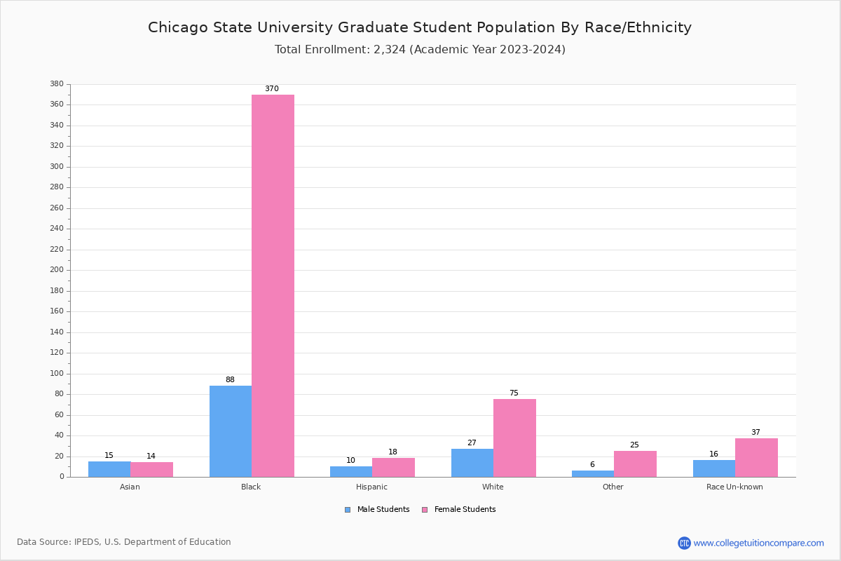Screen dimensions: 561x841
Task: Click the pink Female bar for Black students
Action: (x=273, y=285)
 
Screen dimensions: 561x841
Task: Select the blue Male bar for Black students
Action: (x=231, y=431)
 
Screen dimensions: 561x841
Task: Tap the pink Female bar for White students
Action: (x=514, y=438)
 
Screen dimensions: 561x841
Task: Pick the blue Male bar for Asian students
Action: (x=109, y=469)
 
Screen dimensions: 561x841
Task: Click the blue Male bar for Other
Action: (x=593, y=473)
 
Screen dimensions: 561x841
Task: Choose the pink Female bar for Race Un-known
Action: (x=756, y=458)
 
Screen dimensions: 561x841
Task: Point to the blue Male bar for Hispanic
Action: (x=351, y=471)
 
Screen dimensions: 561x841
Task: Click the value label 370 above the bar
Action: (x=272, y=89)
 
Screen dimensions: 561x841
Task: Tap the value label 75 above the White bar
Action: (x=514, y=393)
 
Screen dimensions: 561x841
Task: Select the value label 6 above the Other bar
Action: (x=592, y=465)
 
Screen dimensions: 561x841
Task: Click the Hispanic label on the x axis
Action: (x=371, y=487)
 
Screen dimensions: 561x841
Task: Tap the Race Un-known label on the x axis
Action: (x=734, y=487)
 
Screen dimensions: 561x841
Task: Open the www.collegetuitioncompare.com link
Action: (x=758, y=543)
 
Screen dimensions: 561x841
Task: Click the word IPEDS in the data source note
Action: (x=87, y=542)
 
